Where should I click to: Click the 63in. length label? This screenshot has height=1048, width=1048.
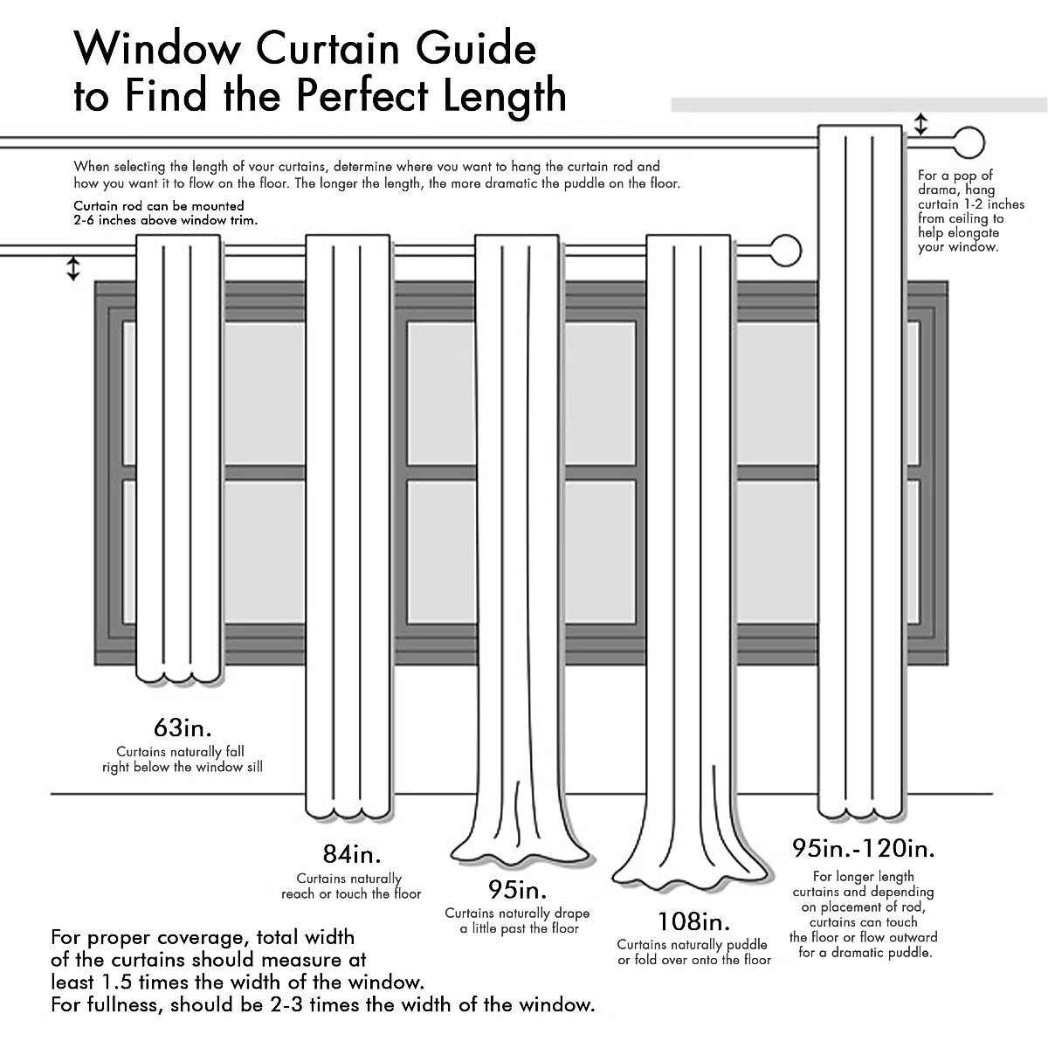(x=183, y=727)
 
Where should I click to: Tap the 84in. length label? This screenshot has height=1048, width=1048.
(x=351, y=854)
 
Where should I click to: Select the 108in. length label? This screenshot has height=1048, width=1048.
(x=694, y=921)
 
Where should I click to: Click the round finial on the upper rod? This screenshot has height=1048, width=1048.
(x=968, y=141)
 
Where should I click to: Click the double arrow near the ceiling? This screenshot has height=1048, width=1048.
(x=920, y=124)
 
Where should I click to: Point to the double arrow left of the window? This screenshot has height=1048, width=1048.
(x=73, y=268)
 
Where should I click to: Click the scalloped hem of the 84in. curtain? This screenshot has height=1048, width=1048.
(x=347, y=813)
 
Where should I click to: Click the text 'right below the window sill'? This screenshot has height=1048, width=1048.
(x=183, y=767)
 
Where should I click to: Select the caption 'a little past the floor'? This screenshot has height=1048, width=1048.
(x=520, y=928)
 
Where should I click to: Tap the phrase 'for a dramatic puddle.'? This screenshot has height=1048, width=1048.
(x=865, y=952)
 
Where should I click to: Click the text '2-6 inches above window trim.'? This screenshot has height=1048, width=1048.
(x=166, y=220)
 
